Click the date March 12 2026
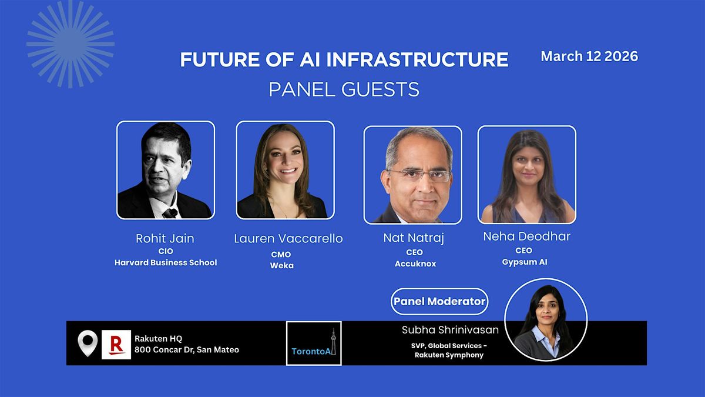(x=589, y=56)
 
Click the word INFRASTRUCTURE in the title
(x=417, y=59)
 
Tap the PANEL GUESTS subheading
(x=344, y=89)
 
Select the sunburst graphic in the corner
(x=70, y=44)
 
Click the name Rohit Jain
(x=165, y=239)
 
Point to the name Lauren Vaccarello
(x=288, y=239)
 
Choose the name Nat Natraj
(x=414, y=238)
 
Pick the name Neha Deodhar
(x=526, y=236)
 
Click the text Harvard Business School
(x=166, y=262)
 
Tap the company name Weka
(x=281, y=265)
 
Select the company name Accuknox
(x=415, y=263)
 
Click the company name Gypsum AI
(x=524, y=262)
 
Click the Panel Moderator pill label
(x=439, y=301)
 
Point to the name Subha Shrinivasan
(x=450, y=330)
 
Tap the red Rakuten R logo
(x=116, y=345)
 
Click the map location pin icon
(x=88, y=343)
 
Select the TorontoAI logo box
(x=314, y=343)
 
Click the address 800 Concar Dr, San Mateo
(x=187, y=350)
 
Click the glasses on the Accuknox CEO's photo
(x=420, y=175)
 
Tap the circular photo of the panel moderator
(x=546, y=319)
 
